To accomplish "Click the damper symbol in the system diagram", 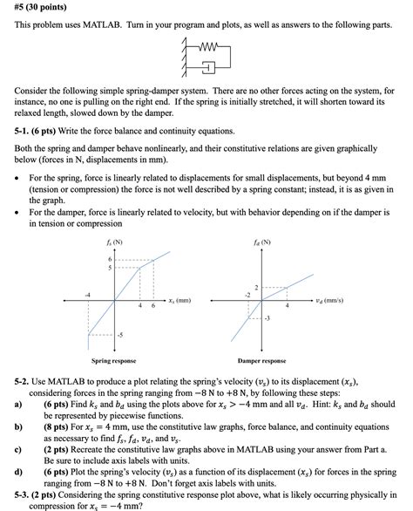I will pyautogui.click(x=209, y=67).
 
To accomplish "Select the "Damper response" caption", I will pyautogui.click(x=262, y=360).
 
